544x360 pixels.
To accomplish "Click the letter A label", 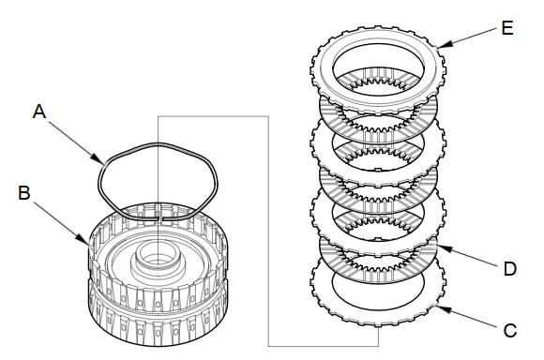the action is (39, 112).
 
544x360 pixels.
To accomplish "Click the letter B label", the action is (24, 192).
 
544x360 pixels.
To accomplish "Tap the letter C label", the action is (510, 331).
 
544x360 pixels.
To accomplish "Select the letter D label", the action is (510, 269).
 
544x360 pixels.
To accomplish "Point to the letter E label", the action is (507, 28).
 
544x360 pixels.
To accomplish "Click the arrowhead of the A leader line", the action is (98, 160).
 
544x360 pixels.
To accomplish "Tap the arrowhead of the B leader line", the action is (84, 239).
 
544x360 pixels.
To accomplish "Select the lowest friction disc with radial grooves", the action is (378, 276).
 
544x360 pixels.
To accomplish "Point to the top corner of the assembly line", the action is (158, 116).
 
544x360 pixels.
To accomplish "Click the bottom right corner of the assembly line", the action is (378, 346).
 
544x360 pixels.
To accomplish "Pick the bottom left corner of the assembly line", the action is (268, 346).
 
